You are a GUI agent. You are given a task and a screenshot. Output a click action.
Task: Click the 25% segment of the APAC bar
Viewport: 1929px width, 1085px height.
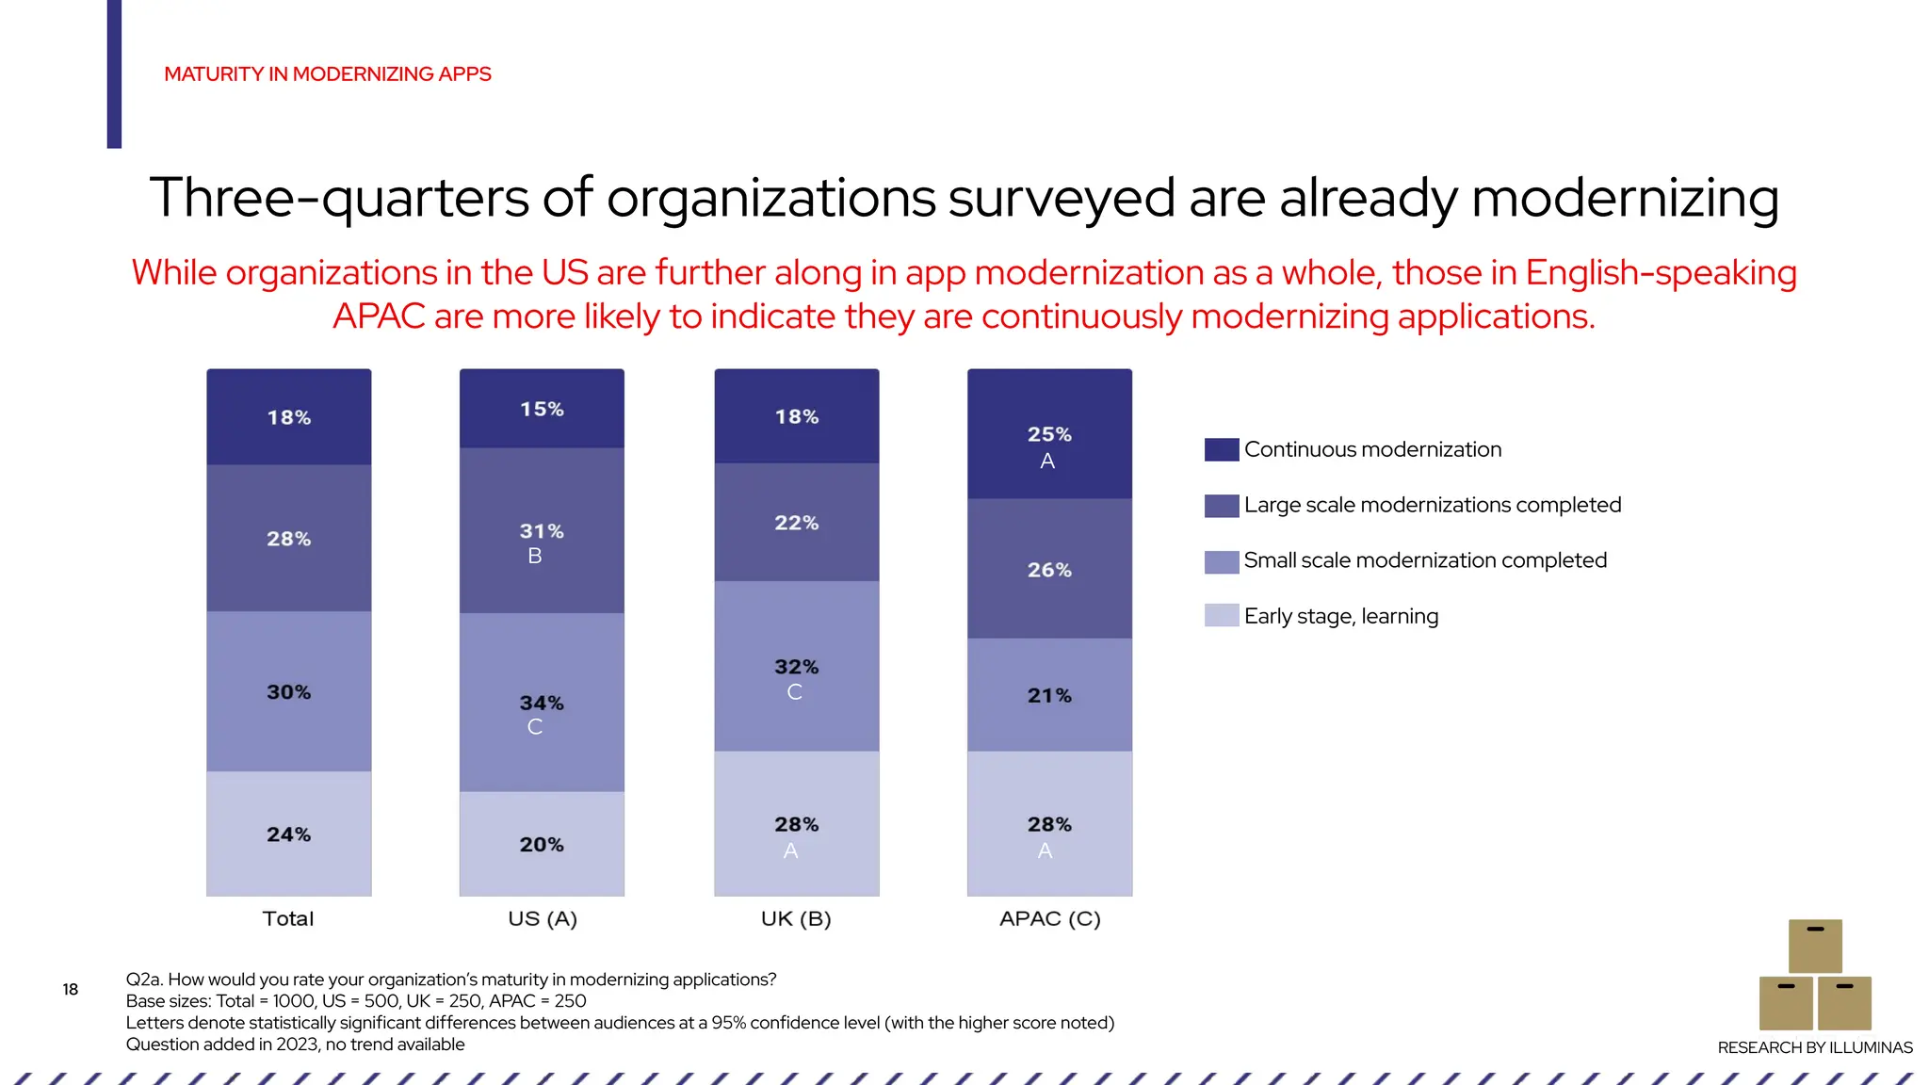pyautogui.click(x=1049, y=434)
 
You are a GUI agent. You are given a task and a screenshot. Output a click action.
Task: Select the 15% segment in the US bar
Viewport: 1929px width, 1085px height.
pyautogui.click(x=542, y=409)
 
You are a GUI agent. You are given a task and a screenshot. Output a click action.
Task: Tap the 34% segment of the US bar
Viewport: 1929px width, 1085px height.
pyautogui.click(x=542, y=703)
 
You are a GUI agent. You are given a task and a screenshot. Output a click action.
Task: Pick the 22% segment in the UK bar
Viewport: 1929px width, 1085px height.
pyautogui.click(x=797, y=523)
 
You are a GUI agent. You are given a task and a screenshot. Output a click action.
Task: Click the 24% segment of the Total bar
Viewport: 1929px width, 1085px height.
pyautogui.click(x=288, y=834)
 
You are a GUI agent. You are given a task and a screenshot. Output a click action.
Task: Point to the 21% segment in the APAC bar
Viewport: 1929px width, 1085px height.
pyautogui.click(x=1049, y=695)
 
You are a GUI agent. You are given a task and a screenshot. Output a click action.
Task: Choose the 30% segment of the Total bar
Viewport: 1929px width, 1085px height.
pyautogui.click(x=288, y=692)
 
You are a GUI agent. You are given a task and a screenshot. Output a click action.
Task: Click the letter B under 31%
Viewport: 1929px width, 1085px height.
pyautogui.click(x=535, y=556)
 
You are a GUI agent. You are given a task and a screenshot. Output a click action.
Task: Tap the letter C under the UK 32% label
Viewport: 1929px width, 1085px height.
pyautogui.click(x=795, y=692)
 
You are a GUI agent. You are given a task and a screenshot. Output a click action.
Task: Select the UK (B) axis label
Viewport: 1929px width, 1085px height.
pyautogui.click(x=796, y=918)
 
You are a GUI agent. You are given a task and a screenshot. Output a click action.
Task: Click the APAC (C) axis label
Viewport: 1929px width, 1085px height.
pyautogui.click(x=1049, y=918)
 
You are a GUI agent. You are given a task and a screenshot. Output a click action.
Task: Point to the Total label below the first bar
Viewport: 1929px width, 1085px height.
pyautogui.click(x=288, y=918)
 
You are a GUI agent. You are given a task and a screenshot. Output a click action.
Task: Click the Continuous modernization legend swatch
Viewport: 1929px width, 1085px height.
pyautogui.click(x=1222, y=449)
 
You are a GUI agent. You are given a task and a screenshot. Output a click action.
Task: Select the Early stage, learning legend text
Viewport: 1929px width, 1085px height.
pyautogui.click(x=1341, y=616)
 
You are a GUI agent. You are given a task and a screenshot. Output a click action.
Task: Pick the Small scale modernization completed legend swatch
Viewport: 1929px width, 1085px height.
pyautogui.click(x=1222, y=561)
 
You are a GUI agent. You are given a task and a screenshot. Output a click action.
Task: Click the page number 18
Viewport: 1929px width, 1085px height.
pyautogui.click(x=71, y=989)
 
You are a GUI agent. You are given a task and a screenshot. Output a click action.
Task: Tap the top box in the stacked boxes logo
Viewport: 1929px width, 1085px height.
pyautogui.click(x=1815, y=946)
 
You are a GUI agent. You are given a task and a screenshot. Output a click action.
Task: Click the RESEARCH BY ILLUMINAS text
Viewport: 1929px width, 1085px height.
pyautogui.click(x=1815, y=1047)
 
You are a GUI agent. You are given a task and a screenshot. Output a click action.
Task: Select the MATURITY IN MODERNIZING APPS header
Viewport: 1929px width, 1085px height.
pyautogui.click(x=328, y=74)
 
